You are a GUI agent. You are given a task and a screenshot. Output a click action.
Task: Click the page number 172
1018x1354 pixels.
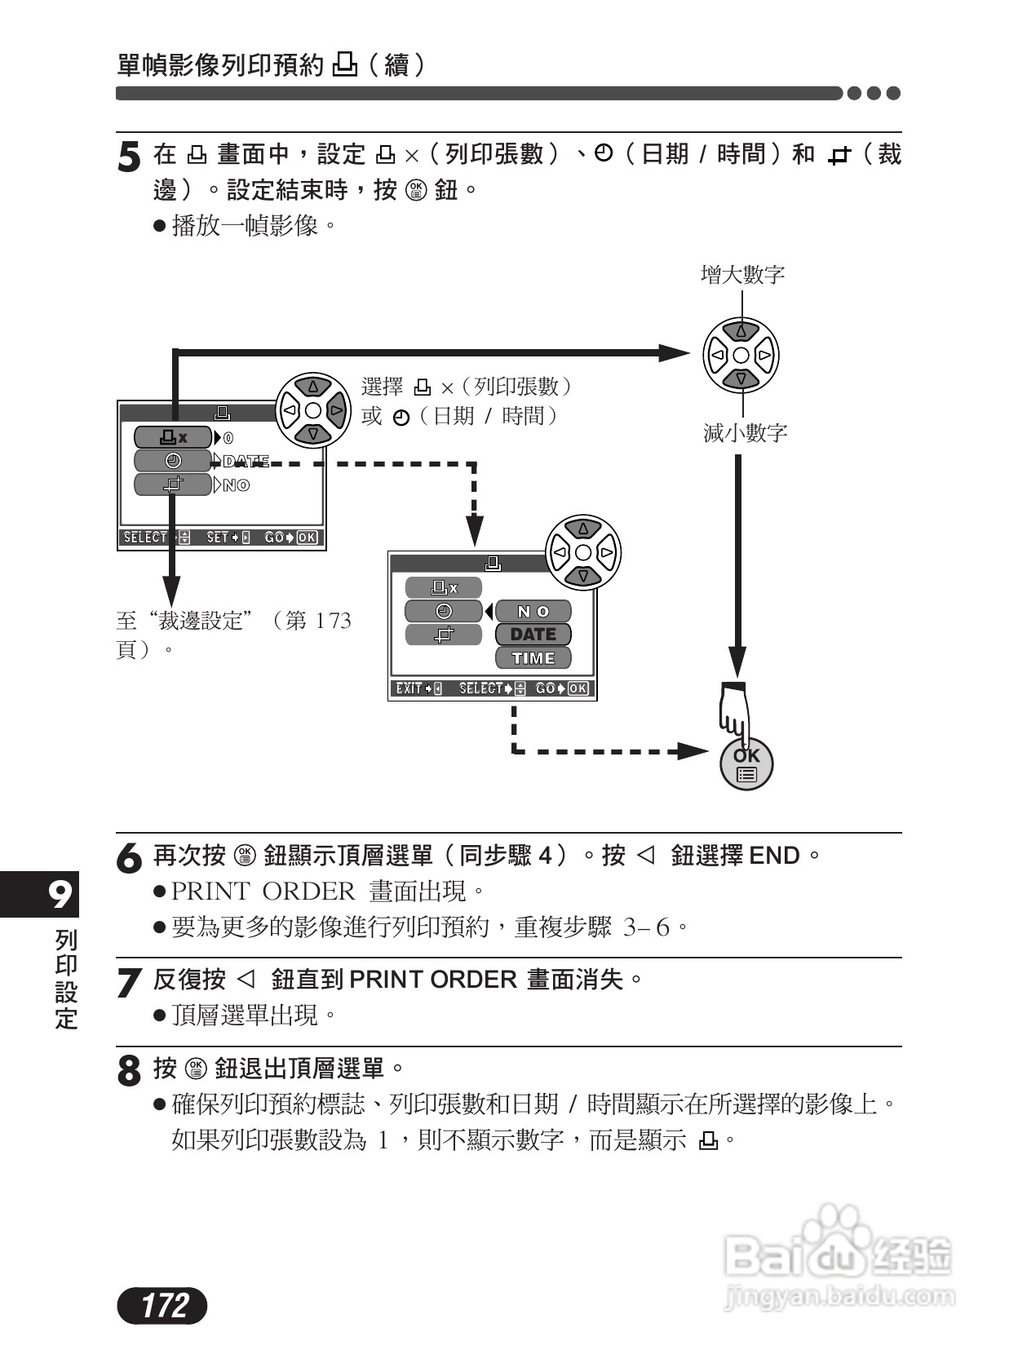163,1304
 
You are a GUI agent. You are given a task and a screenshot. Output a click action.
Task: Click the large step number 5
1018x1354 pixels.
129,157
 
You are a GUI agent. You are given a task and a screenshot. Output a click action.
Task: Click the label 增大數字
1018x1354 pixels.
742,275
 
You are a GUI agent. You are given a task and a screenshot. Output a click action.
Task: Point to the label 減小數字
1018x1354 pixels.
745,433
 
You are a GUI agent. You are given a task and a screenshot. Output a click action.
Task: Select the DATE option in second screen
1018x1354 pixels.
533,635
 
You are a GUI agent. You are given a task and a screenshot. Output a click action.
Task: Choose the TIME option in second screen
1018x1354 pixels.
533,658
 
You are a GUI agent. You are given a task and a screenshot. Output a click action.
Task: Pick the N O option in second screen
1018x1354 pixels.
533,612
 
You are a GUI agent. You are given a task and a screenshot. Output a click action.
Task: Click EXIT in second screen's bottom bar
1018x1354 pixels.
408,689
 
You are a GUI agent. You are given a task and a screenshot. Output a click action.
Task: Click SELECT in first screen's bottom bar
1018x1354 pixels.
145,538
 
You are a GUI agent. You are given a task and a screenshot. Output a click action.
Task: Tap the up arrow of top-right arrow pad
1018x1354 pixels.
741,331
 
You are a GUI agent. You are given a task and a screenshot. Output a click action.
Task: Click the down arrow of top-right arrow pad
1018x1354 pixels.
741,379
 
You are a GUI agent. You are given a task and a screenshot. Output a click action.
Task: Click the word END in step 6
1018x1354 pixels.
774,856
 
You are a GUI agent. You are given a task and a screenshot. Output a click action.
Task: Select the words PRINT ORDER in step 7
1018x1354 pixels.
432,980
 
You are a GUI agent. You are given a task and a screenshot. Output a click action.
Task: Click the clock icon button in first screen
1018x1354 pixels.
174,461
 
